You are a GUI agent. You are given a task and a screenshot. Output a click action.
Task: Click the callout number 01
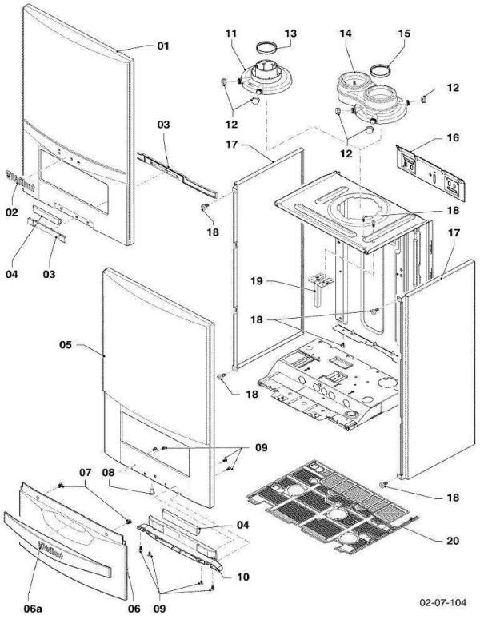tap(162, 46)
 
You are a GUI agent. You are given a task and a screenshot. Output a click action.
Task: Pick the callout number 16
tap(453, 137)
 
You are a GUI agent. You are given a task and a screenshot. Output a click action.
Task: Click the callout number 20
tap(453, 541)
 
